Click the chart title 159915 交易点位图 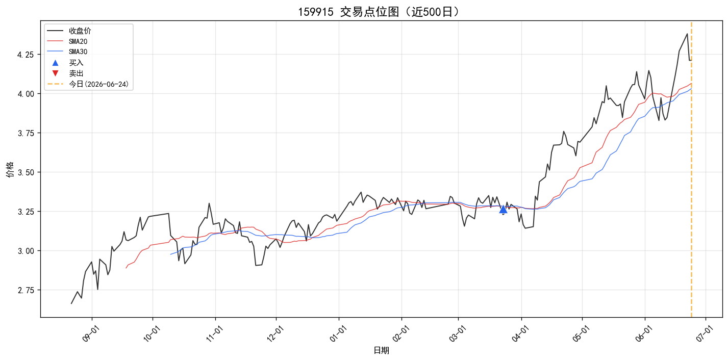348,12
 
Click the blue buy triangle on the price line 503,209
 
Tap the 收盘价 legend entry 69,31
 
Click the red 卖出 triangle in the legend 55,73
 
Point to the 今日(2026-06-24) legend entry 88,84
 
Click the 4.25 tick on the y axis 26,55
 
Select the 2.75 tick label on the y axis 26,290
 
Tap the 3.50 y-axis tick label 26,172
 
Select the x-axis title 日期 381,350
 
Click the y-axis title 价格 10,170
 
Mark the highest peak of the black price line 687,34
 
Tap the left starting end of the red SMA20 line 126,268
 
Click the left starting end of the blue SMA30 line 170,254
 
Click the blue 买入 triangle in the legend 55,62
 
